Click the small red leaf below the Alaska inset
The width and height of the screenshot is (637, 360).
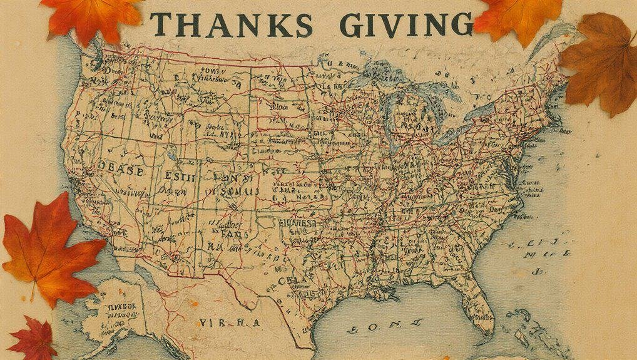pos(33,340)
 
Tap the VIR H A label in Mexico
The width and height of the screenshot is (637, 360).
pos(228,322)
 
